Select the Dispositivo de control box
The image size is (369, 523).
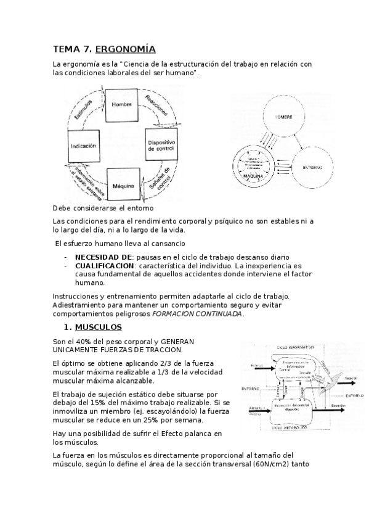(x=161, y=146)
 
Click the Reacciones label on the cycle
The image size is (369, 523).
(x=156, y=107)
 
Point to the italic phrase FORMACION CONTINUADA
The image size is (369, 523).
(x=206, y=313)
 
